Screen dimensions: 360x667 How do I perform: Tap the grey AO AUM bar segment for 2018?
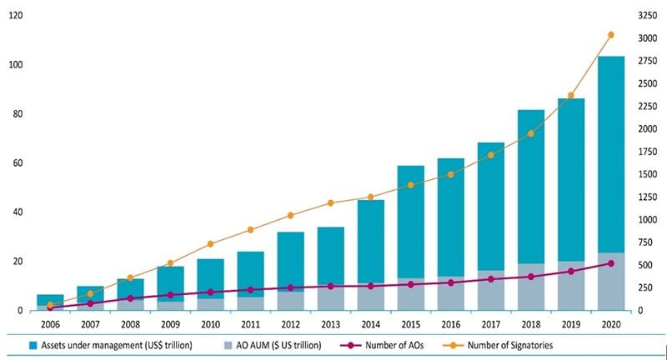coord(530,287)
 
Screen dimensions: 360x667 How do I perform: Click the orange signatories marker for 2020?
coord(610,35)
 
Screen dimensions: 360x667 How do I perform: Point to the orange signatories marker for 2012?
coord(290,216)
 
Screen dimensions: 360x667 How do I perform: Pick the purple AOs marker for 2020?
coord(610,263)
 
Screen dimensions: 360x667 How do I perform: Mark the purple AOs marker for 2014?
coord(370,286)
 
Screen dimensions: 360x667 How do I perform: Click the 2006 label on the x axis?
coord(50,323)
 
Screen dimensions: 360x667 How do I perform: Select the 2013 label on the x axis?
coord(330,323)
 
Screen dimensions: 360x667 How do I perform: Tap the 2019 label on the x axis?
coord(570,323)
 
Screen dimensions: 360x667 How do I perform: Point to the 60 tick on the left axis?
coord(17,163)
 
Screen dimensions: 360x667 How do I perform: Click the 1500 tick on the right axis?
coord(647,174)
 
